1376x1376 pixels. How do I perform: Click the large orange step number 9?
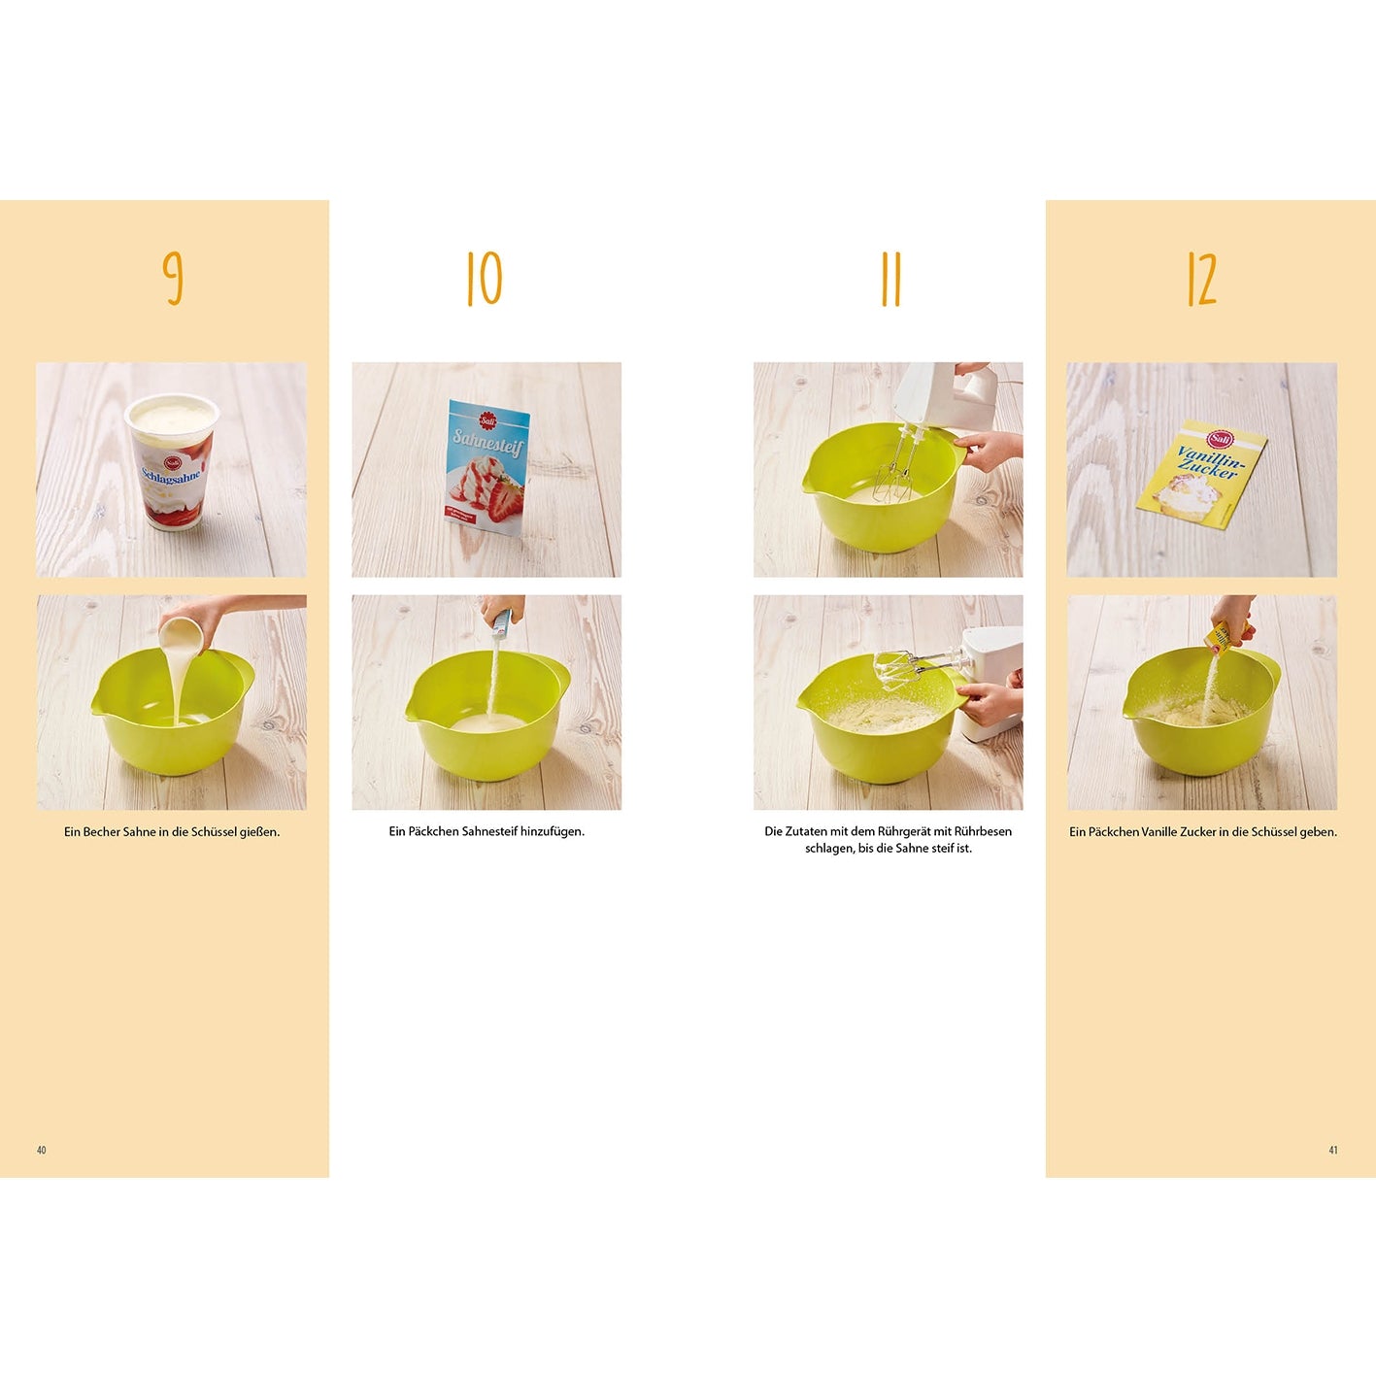coord(173,279)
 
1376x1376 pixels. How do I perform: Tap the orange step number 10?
coord(485,280)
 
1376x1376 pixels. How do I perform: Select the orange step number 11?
coord(890,280)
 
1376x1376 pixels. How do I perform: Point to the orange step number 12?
coord(1202,280)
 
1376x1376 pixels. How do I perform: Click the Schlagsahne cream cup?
coord(172,462)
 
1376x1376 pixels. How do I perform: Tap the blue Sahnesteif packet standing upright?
coord(488,468)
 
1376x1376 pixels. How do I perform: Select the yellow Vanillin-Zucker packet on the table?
coord(1202,474)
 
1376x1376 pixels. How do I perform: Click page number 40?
coord(42,1151)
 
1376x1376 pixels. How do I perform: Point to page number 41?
coord(1333,1151)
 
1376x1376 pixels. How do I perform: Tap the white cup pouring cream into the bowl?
coord(181,633)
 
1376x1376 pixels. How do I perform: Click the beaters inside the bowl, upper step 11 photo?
coord(897,465)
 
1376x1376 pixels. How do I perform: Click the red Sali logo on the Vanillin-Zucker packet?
coord(1218,438)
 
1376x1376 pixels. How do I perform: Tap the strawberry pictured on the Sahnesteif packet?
coord(506,501)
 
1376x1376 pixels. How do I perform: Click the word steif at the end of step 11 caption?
coord(946,849)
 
